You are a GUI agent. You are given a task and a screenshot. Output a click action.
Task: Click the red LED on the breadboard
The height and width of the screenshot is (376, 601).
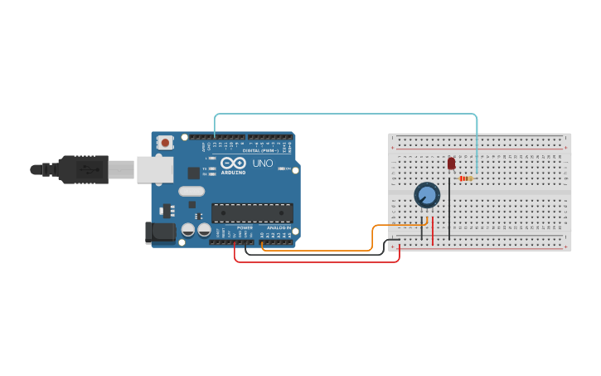pos(451,164)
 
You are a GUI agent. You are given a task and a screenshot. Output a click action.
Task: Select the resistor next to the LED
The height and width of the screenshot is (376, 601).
pos(466,178)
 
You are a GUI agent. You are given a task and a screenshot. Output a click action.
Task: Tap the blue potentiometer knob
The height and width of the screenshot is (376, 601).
pos(427,195)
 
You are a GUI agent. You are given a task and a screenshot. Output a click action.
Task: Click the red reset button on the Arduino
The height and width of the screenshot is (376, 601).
pos(165,143)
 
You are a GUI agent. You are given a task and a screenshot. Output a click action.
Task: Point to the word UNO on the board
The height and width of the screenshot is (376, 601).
pos(263,164)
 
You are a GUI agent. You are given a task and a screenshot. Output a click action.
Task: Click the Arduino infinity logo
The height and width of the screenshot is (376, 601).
pos(233,163)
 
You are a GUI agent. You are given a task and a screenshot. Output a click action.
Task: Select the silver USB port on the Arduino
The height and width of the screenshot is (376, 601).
pos(154,169)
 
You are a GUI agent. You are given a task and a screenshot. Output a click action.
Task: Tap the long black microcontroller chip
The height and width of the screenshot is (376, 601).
pos(252,212)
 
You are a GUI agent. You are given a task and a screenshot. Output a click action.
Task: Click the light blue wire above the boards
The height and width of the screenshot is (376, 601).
pos(348,115)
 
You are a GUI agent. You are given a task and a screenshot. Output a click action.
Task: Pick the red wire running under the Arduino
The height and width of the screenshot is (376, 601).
pos(315,261)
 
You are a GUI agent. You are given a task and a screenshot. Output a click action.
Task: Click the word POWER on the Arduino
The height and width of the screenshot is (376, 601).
pos(245,227)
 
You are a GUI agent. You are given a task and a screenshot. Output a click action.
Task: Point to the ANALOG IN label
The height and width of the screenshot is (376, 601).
pos(279,227)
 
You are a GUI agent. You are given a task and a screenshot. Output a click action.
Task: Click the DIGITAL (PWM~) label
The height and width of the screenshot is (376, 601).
pos(260,150)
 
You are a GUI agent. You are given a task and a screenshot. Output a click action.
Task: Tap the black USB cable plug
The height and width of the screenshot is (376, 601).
pos(82,169)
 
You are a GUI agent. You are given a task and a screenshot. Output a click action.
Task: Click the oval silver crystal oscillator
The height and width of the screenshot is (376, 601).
pos(191,191)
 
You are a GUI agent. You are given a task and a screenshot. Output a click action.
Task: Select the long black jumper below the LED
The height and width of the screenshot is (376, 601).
pos(449,208)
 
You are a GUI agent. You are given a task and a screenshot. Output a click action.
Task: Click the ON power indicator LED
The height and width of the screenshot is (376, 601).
pos(281,168)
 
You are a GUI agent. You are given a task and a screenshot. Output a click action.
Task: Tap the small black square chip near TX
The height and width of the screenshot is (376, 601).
pos(193,173)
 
